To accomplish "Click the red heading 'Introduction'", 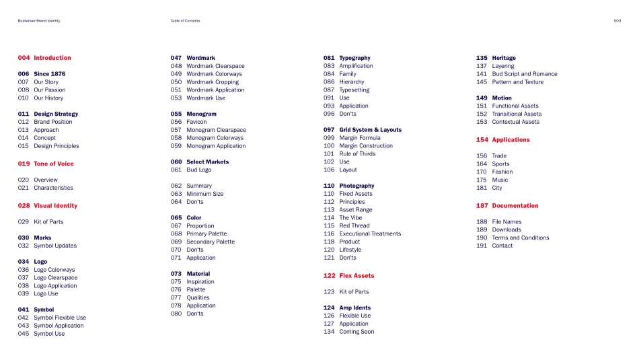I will pyautogui.click(x=52, y=58).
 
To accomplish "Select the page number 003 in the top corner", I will pyautogui.click(x=617, y=21).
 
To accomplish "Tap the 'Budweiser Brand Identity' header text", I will pyautogui.click(x=39, y=21).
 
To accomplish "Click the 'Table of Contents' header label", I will pyautogui.click(x=185, y=21).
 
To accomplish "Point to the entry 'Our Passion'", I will pyautogui.click(x=50, y=89).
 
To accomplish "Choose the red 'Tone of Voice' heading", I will pyautogui.click(x=54, y=164).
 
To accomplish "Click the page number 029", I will pyautogui.click(x=24, y=221).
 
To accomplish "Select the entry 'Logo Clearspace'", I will pyautogui.click(x=55, y=277).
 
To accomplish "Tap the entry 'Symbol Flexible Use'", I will pyautogui.click(x=60, y=318).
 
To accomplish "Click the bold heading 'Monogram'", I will pyautogui.click(x=201, y=114).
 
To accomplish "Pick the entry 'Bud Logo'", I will pyautogui.click(x=198, y=170).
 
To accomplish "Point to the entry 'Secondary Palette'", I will pyautogui.click(x=211, y=242).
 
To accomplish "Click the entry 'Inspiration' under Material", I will pyautogui.click(x=200, y=281).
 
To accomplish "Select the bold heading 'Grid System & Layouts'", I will pyautogui.click(x=370, y=130).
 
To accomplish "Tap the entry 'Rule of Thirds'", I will pyautogui.click(x=357, y=153).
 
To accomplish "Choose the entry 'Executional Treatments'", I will pyautogui.click(x=370, y=233).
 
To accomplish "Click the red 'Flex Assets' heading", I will pyautogui.click(x=356, y=276).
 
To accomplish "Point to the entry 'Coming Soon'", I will pyautogui.click(x=356, y=332).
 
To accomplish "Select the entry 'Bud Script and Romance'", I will pyautogui.click(x=525, y=74).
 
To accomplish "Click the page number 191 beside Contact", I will pyautogui.click(x=482, y=246).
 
